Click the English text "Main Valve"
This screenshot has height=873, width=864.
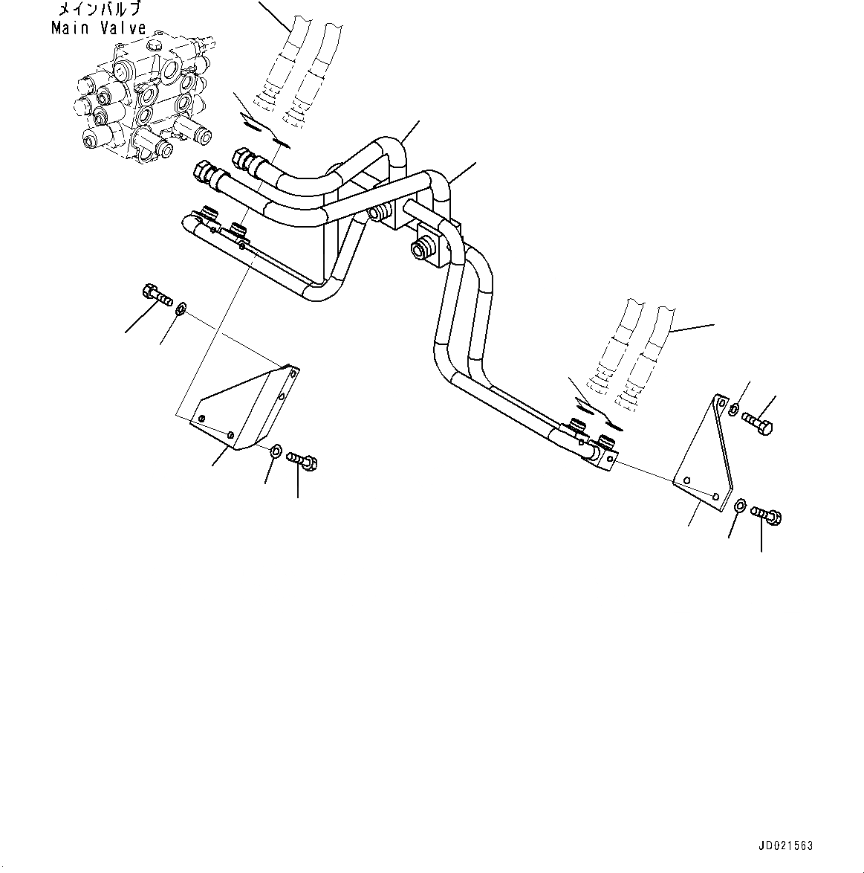pos(99,28)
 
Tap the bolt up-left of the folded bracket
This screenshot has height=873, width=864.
pos(155,295)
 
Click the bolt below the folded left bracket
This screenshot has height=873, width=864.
pos(303,461)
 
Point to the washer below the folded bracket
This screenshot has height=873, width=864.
pos(276,449)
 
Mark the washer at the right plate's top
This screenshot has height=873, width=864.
pos(734,408)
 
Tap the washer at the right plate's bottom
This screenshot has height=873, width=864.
pos(741,506)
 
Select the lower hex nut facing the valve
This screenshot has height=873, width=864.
pos(202,173)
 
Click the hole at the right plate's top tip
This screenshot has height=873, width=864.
pos(720,402)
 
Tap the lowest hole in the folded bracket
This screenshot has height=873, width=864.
pos(230,434)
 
